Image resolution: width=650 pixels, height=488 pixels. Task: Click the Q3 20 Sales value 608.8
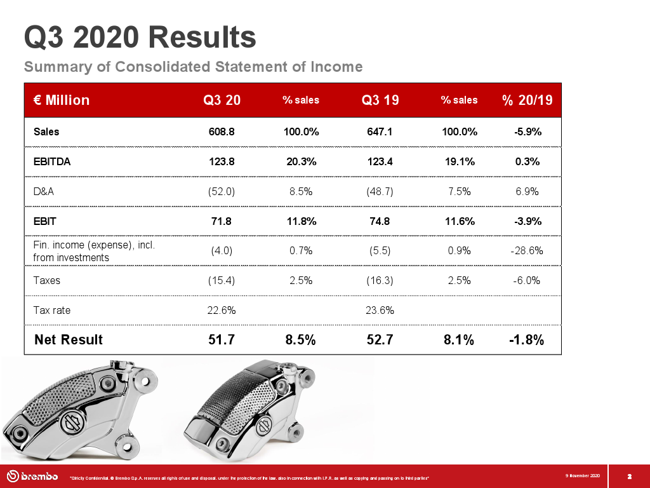coord(222,132)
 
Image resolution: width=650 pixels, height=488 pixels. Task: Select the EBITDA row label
coord(52,161)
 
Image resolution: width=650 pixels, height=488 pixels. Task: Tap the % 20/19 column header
coord(527,100)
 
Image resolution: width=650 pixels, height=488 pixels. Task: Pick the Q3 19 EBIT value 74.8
coord(380,221)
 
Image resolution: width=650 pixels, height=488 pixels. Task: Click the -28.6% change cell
coord(527,250)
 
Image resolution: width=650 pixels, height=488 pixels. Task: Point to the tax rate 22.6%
coord(222,310)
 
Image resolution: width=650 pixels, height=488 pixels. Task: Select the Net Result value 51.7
coord(222,339)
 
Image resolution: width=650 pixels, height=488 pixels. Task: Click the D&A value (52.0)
coord(222,191)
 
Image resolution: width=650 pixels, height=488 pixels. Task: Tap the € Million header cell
coord(62,100)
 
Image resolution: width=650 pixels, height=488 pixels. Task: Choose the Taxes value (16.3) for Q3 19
coord(380,280)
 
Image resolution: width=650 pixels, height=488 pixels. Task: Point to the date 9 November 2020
coord(582,475)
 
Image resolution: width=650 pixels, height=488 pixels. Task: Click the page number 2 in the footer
coord(629,477)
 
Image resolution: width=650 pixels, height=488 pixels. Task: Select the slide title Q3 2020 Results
coord(140,37)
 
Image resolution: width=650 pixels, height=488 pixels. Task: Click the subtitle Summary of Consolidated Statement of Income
coord(193,67)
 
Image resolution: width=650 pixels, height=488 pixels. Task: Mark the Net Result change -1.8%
coord(527,339)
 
